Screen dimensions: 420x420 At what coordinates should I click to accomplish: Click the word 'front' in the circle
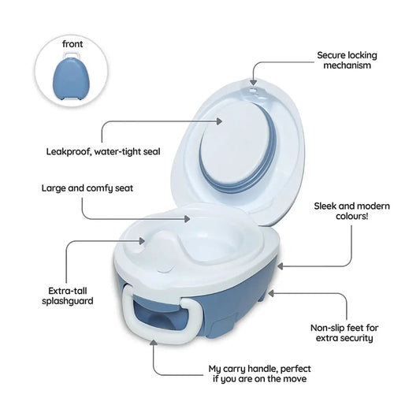72,44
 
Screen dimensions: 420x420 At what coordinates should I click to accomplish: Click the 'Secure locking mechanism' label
347,60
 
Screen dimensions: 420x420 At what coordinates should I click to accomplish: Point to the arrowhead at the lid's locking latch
253,82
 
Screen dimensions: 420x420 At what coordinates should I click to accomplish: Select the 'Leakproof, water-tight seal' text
103,151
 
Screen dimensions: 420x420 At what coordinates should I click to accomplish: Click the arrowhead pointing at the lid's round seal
219,121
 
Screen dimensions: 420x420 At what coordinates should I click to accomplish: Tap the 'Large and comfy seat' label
87,188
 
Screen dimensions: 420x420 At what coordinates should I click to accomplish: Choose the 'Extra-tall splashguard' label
68,295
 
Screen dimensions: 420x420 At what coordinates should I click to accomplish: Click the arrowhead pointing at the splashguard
142,240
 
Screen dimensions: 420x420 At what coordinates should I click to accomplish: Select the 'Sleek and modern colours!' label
351,211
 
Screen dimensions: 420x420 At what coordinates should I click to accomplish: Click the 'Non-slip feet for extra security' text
344,333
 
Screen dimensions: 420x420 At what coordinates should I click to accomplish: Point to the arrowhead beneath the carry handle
154,343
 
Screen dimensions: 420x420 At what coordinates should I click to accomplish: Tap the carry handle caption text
259,374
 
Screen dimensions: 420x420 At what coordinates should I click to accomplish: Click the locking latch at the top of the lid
253,91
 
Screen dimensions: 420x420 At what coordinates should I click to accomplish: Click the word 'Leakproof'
69,151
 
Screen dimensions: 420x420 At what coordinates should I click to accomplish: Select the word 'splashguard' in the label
68,301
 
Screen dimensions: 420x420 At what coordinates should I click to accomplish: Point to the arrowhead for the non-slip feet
271,293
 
